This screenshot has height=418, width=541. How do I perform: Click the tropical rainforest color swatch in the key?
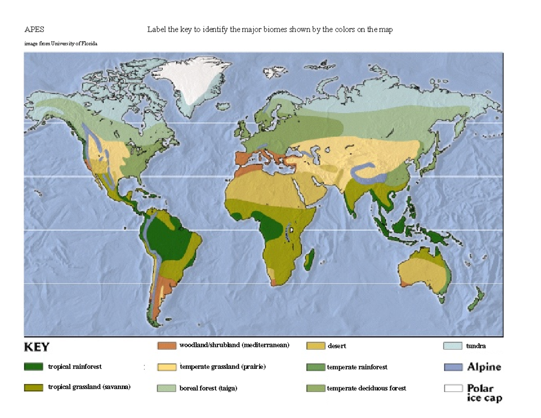[x=33, y=367]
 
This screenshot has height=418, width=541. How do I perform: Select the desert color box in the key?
[x=316, y=346]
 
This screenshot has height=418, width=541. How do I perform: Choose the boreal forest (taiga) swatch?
[x=166, y=388]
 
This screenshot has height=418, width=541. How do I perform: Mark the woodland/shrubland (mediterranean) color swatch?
[x=166, y=346]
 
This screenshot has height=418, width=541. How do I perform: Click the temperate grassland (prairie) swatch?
[x=166, y=367]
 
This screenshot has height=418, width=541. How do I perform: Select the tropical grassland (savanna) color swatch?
[x=33, y=387]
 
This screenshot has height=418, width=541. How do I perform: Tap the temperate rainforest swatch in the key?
[x=316, y=367]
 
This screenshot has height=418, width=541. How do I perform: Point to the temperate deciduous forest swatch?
[x=316, y=388]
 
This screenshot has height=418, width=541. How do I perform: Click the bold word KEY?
[x=37, y=347]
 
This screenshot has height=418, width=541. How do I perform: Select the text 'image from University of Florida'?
[x=60, y=44]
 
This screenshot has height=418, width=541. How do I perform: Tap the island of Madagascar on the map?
[x=309, y=261]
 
